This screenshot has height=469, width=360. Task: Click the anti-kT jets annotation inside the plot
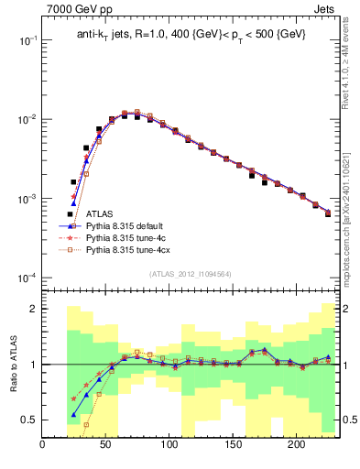[191, 34]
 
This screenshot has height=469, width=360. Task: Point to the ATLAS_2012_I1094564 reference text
[191, 272]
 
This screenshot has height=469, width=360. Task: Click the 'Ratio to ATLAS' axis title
[12, 364]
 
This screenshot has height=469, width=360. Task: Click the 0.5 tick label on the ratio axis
[30, 420]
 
